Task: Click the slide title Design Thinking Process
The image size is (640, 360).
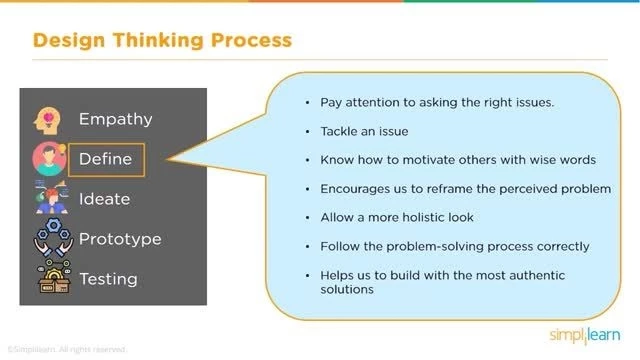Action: [162, 41]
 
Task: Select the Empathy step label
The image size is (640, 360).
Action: [117, 119]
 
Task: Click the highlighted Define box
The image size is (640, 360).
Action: [106, 159]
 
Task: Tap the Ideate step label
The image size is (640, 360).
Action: [104, 199]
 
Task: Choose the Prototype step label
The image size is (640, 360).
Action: [119, 239]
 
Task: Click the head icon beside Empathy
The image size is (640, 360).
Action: [49, 119]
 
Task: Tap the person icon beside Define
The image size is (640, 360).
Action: [49, 158]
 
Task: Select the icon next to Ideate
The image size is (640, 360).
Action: [49, 198]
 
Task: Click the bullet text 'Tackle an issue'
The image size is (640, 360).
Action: [365, 131]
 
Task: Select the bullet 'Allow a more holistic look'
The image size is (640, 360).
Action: [398, 217]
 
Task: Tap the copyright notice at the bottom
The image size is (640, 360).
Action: [67, 349]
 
